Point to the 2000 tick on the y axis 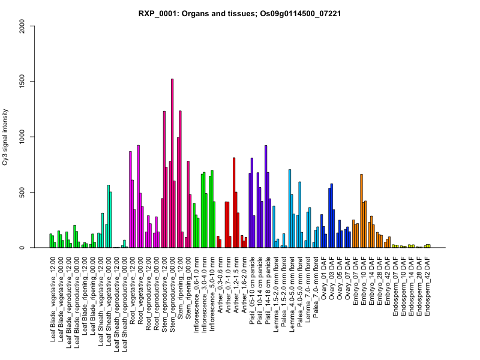tap(23, 26)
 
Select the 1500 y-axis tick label tap(23, 81)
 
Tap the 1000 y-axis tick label tap(23, 137)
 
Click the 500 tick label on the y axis tap(23, 193)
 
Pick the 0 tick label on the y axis tap(23, 248)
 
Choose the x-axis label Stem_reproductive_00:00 tap(173, 294)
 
